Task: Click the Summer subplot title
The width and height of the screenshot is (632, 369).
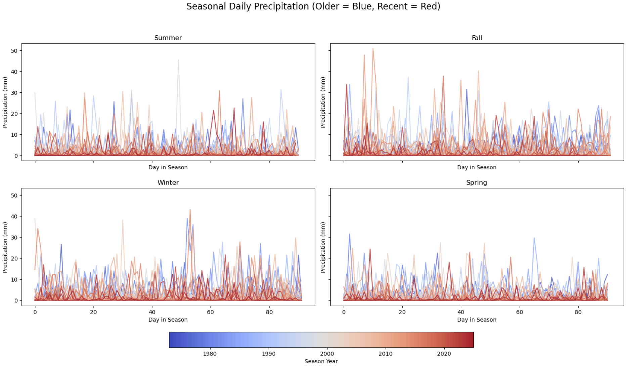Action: [x=168, y=38]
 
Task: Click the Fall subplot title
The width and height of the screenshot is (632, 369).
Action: [x=477, y=38]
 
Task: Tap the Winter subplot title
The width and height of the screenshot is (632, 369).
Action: [x=168, y=182]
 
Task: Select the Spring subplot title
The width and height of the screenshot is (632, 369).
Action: [x=476, y=182]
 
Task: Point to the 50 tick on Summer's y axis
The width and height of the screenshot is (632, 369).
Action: [x=14, y=51]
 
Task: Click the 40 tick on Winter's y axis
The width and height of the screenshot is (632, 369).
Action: [x=14, y=216]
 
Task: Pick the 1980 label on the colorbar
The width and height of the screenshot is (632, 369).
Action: [x=210, y=354]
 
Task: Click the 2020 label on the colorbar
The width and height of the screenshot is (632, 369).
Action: [x=444, y=354]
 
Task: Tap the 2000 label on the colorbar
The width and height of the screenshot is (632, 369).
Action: [x=327, y=354]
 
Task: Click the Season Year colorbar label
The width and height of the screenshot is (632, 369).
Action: [x=321, y=361]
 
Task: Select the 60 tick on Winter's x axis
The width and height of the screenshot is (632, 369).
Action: [x=211, y=312]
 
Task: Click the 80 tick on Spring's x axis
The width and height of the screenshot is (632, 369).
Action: [x=578, y=312]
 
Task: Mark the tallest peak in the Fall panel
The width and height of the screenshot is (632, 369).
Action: [x=373, y=49]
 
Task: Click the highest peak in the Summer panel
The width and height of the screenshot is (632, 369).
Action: [x=178, y=60]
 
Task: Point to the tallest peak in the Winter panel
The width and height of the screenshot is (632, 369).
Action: [x=190, y=210]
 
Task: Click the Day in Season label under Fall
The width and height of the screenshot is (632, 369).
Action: [x=477, y=167]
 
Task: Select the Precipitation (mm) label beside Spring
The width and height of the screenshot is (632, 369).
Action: [x=323, y=247]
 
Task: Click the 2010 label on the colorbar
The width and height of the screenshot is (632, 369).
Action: [x=385, y=354]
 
